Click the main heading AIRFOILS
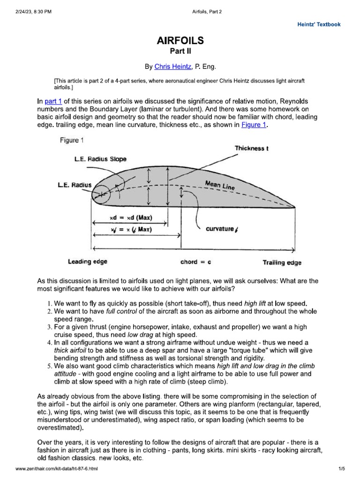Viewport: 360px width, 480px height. tap(180, 41)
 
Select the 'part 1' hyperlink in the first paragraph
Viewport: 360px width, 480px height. tap(53, 102)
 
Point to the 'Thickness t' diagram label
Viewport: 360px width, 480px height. tap(251, 148)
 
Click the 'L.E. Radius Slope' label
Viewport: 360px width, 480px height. tap(100, 159)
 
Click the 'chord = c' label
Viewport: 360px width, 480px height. tap(195, 262)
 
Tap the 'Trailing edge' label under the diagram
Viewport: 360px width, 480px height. tap(282, 263)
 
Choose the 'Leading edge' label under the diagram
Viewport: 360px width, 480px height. tap(88, 262)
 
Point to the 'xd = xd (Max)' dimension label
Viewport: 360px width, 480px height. tap(131, 218)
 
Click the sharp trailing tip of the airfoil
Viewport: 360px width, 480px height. tap(295, 207)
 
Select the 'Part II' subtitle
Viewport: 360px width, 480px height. tap(180, 51)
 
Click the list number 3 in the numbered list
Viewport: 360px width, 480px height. tap(51, 327)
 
